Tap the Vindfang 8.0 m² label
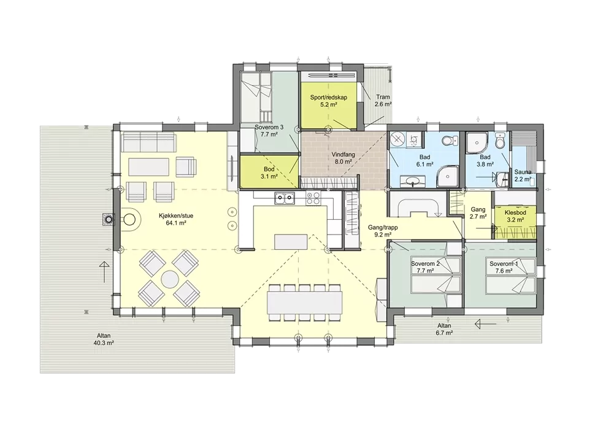pos(343,158)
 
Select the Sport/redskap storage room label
pos(329,101)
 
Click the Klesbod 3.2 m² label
pos(515,216)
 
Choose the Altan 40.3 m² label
pos(104,339)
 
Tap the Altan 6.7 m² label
pos(444,329)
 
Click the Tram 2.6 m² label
pos(383,101)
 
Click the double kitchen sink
pos(285,198)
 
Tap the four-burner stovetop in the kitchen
pos(313,198)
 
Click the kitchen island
pos(291,242)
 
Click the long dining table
pos(305,302)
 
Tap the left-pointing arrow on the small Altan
pos(485,324)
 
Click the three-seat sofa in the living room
pos(148,142)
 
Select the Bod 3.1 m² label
pos(269,173)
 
